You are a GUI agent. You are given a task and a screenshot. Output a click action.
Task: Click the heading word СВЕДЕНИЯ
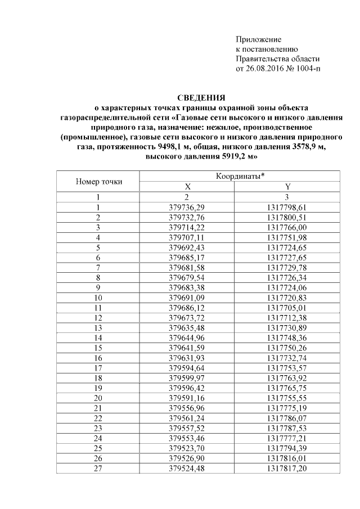201,97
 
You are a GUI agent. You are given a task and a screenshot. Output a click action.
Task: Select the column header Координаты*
240,177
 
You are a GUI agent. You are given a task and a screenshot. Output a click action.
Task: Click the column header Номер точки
98,182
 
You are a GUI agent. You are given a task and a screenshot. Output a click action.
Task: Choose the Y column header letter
288,187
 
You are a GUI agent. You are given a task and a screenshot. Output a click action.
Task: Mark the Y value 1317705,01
288,309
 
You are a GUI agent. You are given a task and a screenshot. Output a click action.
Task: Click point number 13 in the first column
98,329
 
